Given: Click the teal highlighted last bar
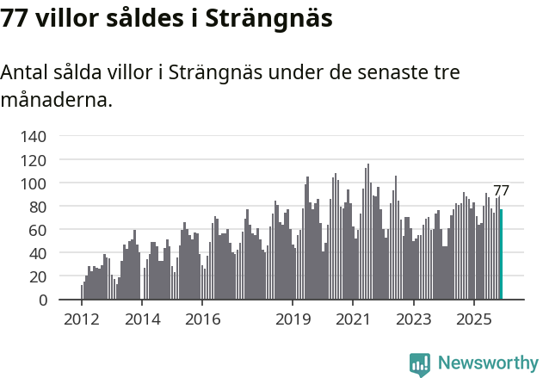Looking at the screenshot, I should (501, 255).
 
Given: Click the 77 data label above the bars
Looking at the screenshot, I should (501, 191).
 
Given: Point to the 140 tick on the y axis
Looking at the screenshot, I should (34, 137).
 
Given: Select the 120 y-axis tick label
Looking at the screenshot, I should (34, 160).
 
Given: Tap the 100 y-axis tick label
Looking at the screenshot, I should (34, 183).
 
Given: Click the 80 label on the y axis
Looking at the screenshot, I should (38, 207).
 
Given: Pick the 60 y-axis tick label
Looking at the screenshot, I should (38, 230).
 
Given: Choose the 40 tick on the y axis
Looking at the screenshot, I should (38, 254).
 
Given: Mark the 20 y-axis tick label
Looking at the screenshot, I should (38, 277).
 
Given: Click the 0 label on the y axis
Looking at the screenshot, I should (42, 301).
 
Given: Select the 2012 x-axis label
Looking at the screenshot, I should (82, 320).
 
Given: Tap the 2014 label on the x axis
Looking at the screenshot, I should (142, 320).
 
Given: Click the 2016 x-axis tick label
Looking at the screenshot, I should (202, 320).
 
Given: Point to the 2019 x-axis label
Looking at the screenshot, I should (293, 320).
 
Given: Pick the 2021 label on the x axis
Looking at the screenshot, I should (353, 320).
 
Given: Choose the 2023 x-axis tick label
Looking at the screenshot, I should (413, 320).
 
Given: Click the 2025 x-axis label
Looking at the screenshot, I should (473, 320).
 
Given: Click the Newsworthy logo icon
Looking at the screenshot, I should (420, 364).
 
